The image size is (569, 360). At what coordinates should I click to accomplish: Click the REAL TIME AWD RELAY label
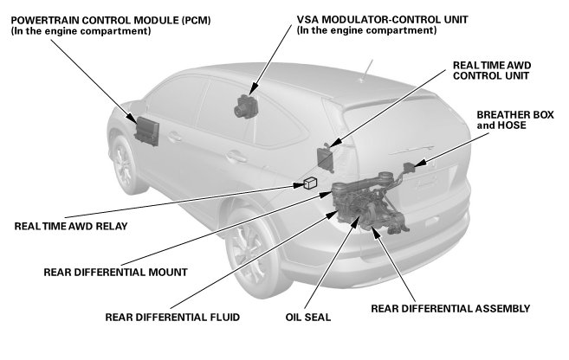(x=71, y=227)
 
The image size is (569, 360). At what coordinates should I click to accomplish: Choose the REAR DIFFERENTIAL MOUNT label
(x=115, y=272)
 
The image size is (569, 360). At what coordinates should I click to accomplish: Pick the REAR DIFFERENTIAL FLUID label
(x=172, y=316)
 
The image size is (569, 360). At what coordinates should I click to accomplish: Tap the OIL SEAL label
(x=309, y=316)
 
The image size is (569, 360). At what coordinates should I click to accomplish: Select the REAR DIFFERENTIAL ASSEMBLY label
(x=449, y=308)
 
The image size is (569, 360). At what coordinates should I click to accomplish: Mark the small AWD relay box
(x=310, y=183)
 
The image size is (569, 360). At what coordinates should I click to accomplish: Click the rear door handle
(x=231, y=157)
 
